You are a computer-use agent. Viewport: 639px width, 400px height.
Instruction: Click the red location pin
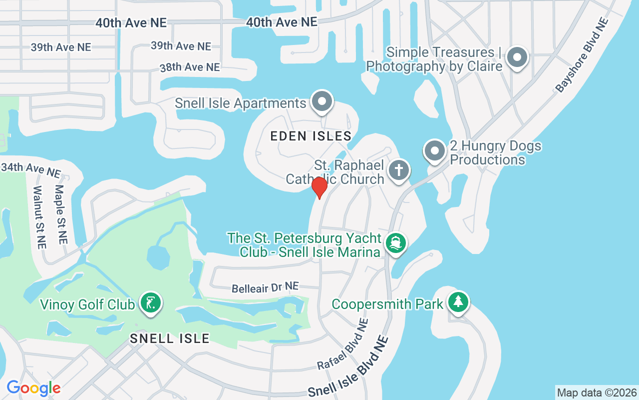319,187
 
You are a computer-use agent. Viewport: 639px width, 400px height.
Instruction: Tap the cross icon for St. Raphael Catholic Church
398,169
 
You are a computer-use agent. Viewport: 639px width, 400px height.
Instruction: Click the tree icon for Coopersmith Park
458,302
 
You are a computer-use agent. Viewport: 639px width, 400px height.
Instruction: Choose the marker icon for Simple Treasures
517,57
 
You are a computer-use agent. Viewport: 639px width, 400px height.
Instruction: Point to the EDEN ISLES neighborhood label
311,136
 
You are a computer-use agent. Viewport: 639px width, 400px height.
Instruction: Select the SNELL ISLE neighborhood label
170,338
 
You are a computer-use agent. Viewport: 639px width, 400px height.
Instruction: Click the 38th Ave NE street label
190,67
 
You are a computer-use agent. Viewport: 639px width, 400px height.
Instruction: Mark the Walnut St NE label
39,217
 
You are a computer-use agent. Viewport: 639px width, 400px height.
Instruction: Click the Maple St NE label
60,214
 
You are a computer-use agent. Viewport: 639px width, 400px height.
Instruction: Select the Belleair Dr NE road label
265,287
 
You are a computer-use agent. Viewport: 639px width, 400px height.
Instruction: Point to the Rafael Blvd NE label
343,345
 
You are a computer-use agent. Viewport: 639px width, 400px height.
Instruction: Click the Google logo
33,387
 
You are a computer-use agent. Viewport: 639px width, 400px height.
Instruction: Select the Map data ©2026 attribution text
597,392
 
